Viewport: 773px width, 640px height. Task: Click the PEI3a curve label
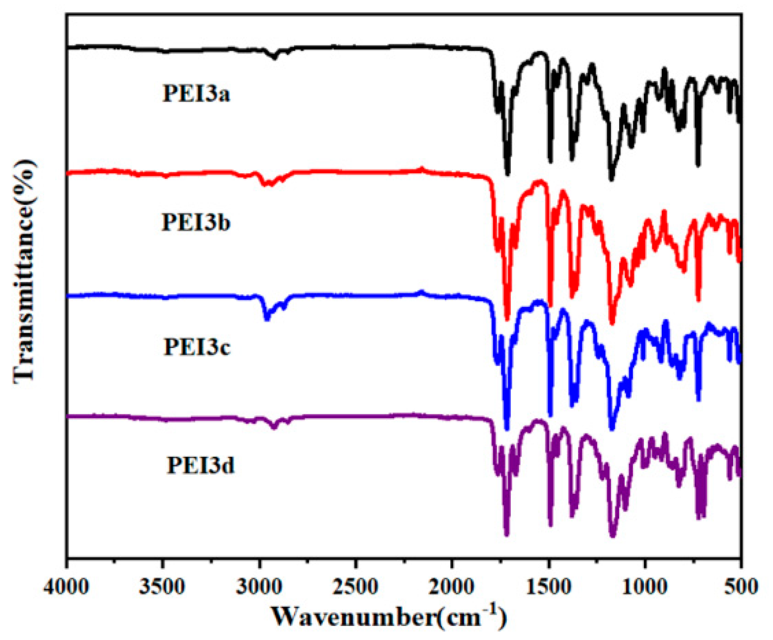pos(196,93)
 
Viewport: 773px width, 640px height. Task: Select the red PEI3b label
pos(196,222)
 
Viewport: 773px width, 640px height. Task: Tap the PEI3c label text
pos(197,347)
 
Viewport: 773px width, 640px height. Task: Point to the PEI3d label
pos(200,465)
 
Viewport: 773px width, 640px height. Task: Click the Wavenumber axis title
pos(389,617)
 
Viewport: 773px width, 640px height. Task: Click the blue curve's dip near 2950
pos(267,319)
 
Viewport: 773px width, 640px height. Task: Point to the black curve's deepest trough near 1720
pos(508,172)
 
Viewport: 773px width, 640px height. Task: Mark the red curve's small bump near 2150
pos(421,169)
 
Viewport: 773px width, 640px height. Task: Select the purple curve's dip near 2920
pos(274,427)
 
